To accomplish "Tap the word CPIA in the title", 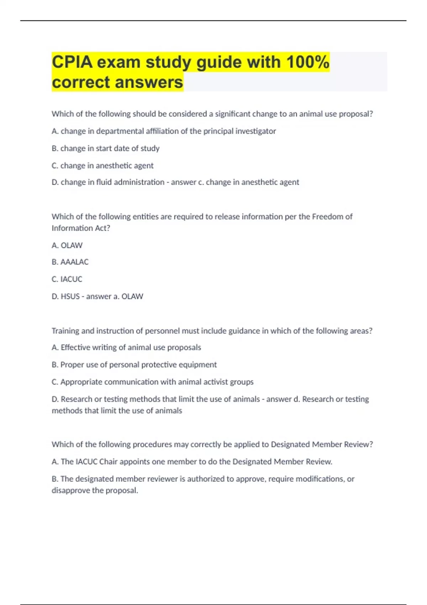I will (x=72, y=62).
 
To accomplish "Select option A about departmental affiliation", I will (x=164, y=131).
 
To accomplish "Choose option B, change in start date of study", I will (x=105, y=148).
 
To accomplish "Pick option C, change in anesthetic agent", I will (x=102, y=165).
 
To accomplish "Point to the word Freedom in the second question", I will (x=328, y=217).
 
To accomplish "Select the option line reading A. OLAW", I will (x=67, y=246).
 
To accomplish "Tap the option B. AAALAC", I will (x=70, y=262).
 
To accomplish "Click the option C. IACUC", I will (x=67, y=279).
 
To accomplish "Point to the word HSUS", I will (x=70, y=296).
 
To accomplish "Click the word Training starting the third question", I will (x=65, y=331).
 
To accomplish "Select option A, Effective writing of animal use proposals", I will (x=126, y=347).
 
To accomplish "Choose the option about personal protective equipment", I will (x=134, y=365).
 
